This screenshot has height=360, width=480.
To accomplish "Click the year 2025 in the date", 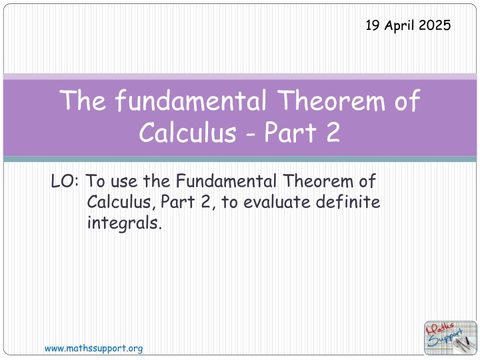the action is [435, 25].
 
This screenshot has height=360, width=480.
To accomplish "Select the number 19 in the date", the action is [373, 25].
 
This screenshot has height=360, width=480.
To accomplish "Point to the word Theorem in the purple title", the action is [332, 101].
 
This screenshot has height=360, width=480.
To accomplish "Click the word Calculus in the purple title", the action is [187, 132].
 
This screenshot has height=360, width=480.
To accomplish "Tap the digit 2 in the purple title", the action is [333, 133].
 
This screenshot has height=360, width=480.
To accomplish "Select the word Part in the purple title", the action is [290, 133].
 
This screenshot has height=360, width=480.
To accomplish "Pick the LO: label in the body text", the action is [65, 181].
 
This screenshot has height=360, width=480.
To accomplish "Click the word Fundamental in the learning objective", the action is [226, 181].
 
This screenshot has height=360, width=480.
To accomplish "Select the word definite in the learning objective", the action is [348, 201].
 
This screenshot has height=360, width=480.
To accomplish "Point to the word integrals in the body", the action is [124, 223].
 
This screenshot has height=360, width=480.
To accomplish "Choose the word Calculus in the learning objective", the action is [121, 202].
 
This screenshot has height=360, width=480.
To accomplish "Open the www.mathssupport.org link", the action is [94, 349].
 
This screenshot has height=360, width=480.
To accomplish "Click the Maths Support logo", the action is [450, 338].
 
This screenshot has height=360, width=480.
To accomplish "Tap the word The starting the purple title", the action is [83, 101].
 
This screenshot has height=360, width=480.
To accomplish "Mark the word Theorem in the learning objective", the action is [318, 181].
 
